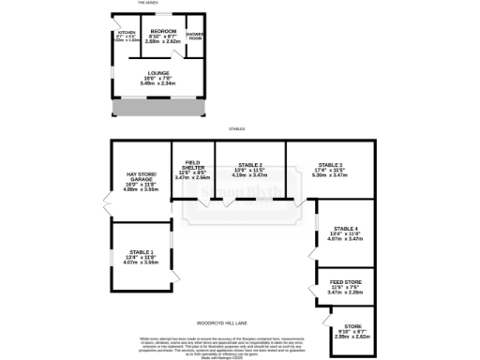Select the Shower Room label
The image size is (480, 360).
(194, 37)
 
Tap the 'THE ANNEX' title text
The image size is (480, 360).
(148, 4)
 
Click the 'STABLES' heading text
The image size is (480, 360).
(240, 128)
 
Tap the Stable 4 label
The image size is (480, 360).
(346, 229)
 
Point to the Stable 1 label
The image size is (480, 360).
(140, 252)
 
